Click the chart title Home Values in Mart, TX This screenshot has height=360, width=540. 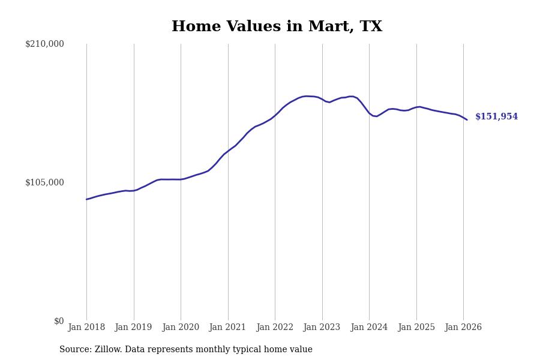pyautogui.click(x=277, y=27)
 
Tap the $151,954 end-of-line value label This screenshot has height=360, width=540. pyautogui.click(x=496, y=117)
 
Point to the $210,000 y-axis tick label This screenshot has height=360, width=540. pyautogui.click(x=44, y=44)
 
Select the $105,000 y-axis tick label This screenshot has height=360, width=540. pyautogui.click(x=44, y=182)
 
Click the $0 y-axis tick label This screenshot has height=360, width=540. pyautogui.click(x=59, y=321)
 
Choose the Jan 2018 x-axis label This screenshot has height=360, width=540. pyautogui.click(x=86, y=328)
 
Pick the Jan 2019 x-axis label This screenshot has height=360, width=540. pyautogui.click(x=134, y=328)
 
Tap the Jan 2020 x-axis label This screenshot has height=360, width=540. pyautogui.click(x=181, y=328)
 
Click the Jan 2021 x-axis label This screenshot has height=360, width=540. pyautogui.click(x=228, y=328)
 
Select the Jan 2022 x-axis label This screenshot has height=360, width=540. pyautogui.click(x=275, y=328)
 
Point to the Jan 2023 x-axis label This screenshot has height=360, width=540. pyautogui.click(x=322, y=328)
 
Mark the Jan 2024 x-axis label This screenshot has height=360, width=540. pyautogui.click(x=369, y=328)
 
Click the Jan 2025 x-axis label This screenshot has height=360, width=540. pyautogui.click(x=416, y=328)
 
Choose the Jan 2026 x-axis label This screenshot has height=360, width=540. pyautogui.click(x=463, y=328)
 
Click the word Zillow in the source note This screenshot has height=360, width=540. pyautogui.click(x=107, y=350)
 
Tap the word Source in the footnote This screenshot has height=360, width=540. pyautogui.click(x=74, y=350)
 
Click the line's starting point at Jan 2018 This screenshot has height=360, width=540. pyautogui.click(x=86, y=199)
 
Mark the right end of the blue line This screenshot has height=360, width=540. pyautogui.click(x=467, y=119)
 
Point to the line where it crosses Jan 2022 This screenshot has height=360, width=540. pyautogui.click(x=275, y=115)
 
